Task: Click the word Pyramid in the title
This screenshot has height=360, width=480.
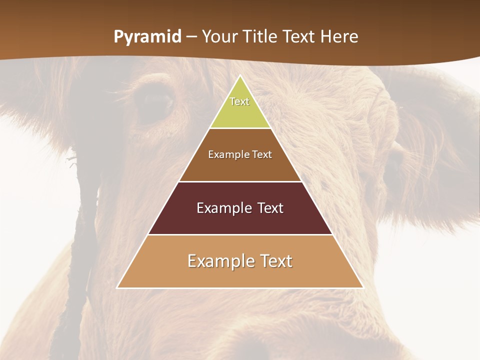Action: coord(147,37)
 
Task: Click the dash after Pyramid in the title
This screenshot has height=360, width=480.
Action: coord(191,37)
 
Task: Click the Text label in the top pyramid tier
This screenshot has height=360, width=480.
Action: coord(239,101)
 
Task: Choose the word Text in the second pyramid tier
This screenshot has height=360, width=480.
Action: coord(262,154)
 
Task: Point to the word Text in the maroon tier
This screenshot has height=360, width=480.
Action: coord(271,208)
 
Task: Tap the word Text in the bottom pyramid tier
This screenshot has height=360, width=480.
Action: coord(275,261)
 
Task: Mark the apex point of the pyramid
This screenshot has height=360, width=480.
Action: coord(240,75)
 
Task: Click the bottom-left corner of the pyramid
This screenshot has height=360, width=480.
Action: coord(117,287)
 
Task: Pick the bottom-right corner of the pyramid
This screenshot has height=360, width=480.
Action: coord(363,287)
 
